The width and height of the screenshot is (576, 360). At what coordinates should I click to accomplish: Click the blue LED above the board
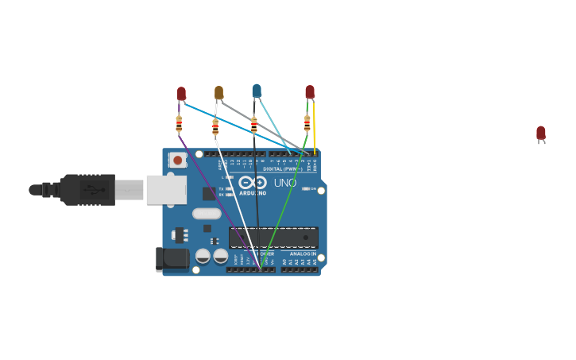click(x=257, y=91)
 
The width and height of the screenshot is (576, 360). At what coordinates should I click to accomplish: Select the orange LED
click(x=218, y=92)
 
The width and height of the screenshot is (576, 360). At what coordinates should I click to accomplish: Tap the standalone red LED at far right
click(x=541, y=133)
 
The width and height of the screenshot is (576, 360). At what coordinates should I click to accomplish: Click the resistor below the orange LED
click(x=215, y=127)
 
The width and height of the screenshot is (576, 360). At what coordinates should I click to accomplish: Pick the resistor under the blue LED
click(x=253, y=126)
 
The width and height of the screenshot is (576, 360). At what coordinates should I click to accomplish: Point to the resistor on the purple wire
click(x=179, y=123)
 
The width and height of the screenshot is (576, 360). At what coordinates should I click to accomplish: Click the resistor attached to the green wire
click(x=307, y=123)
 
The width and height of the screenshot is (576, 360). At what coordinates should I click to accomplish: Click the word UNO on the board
click(x=285, y=183)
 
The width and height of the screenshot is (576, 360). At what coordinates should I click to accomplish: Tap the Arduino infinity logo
click(x=252, y=182)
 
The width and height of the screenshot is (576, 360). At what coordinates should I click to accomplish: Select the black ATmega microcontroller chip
click(x=273, y=237)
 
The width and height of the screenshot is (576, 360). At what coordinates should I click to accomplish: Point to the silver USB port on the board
click(x=166, y=190)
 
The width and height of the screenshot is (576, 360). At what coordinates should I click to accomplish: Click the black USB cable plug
click(x=88, y=190)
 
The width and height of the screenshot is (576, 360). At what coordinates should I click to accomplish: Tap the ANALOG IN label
click(x=302, y=254)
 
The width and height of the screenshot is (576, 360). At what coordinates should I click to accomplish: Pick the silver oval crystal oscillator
click(x=207, y=213)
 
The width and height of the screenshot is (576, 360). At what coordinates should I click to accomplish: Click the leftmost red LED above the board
click(x=181, y=93)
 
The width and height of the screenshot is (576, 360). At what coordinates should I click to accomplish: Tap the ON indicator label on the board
click(x=312, y=188)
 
